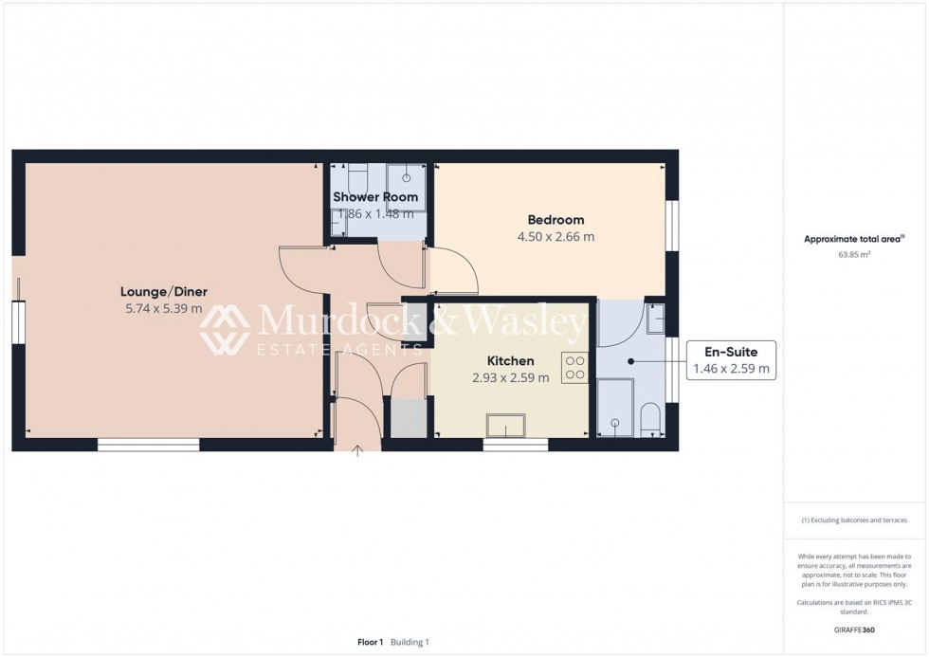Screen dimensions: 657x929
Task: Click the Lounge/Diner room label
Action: point(163,291)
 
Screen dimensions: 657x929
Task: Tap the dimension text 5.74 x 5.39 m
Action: point(163,308)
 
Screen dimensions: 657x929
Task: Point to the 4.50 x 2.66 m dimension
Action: point(556,237)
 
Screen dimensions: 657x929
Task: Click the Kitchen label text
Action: point(510,360)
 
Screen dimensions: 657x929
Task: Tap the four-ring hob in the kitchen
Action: point(574,367)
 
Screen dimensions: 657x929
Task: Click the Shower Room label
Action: point(375,196)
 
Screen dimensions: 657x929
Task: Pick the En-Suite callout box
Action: point(732,360)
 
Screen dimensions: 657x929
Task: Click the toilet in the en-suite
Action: point(650,420)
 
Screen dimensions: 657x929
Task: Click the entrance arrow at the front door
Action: point(357,451)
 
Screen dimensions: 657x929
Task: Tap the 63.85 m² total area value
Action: point(855,255)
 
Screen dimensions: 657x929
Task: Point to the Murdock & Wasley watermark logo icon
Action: point(224,329)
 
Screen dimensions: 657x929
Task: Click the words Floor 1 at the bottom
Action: point(370,642)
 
